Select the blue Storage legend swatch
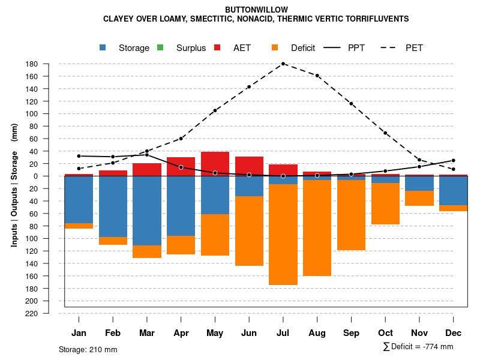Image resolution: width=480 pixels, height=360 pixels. [x=103, y=47]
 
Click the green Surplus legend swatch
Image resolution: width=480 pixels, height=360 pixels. [x=160, y=47]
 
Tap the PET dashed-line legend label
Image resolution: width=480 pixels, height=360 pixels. [x=414, y=48]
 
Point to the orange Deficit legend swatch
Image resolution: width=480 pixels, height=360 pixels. [x=275, y=47]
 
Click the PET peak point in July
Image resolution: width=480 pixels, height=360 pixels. [x=283, y=64]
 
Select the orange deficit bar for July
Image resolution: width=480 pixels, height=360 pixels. [x=283, y=234]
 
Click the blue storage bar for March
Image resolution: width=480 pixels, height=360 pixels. [x=147, y=211]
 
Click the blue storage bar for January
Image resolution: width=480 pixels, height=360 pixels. [x=79, y=200]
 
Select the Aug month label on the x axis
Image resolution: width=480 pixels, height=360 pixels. [x=317, y=333]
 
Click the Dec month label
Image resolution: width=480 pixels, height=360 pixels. [x=453, y=333]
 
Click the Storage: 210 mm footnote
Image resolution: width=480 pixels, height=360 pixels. [x=88, y=349]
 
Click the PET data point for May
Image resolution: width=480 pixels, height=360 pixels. [x=215, y=110]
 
